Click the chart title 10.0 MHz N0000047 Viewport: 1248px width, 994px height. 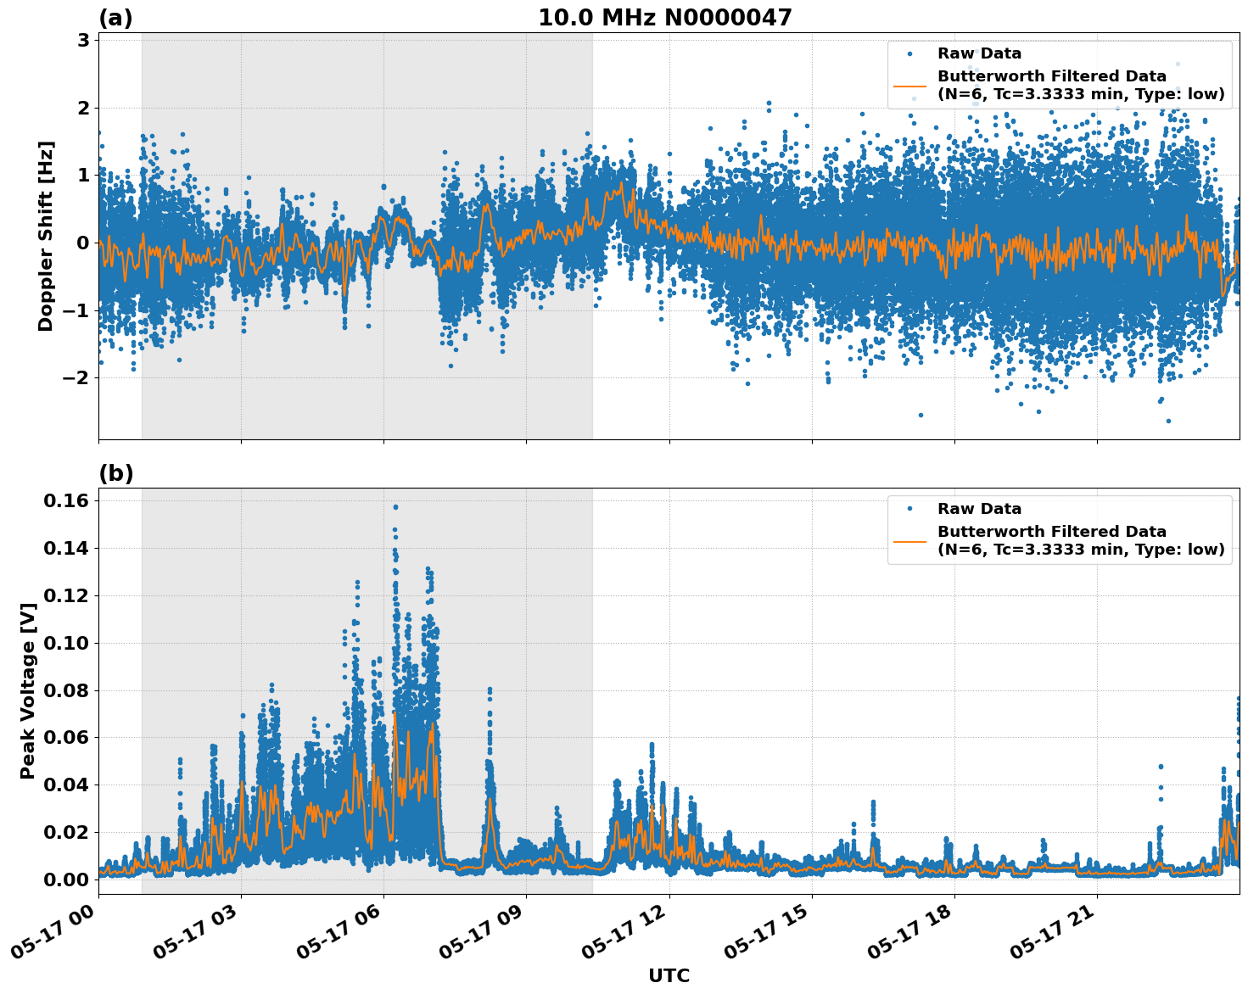coord(664,18)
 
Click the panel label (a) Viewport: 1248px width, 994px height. coord(115,18)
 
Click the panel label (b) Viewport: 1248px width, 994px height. coord(115,473)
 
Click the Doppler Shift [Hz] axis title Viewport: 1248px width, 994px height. coord(46,236)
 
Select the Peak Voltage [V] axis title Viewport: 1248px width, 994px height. coord(28,690)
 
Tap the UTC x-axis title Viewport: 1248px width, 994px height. coord(669,975)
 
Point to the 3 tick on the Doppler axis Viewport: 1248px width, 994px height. coord(83,40)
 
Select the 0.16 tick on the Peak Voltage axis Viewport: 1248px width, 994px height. coord(65,500)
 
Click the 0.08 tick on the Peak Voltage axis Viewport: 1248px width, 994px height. coord(65,690)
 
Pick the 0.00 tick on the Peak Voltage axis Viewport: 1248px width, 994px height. coord(65,880)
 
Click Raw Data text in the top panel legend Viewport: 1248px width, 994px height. coord(979,53)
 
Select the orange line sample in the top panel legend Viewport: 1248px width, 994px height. coord(910,85)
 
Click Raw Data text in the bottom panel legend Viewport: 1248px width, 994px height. coord(979,509)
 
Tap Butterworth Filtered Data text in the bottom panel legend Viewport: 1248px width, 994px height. coord(1052,532)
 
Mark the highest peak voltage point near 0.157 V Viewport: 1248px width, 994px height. coord(395,507)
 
